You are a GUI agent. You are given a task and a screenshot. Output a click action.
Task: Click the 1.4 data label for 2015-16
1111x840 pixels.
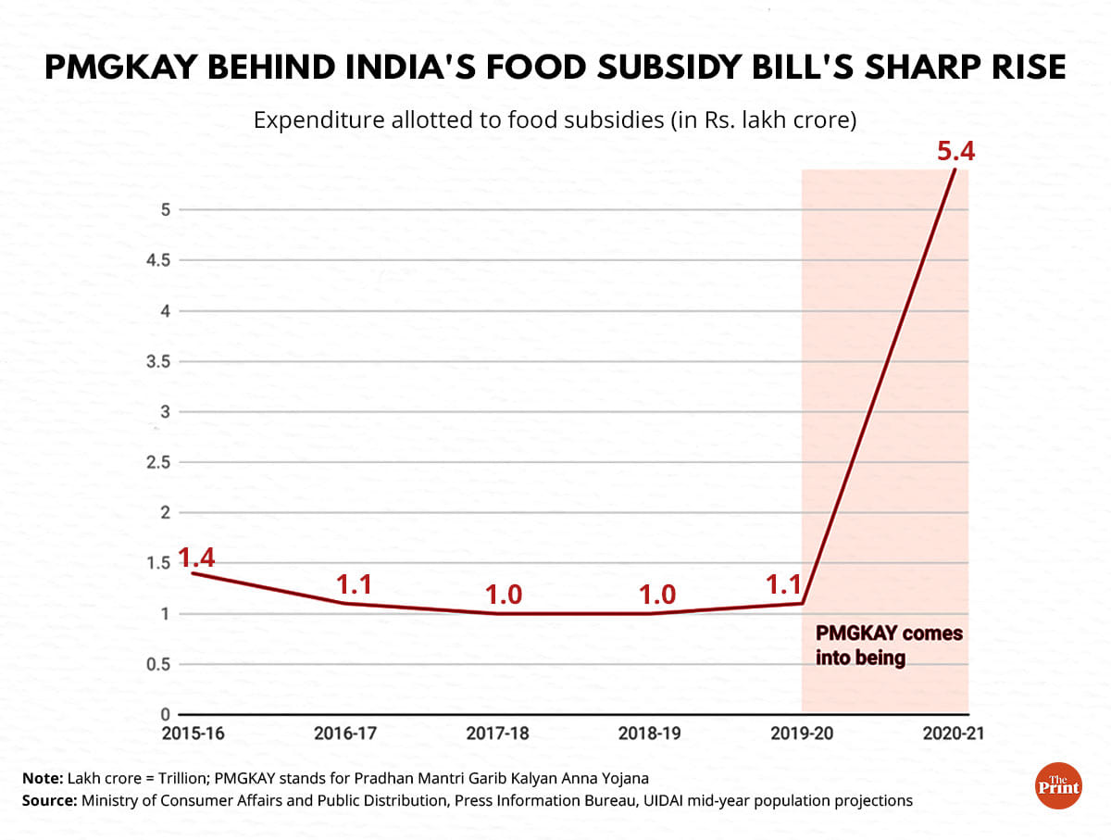195,558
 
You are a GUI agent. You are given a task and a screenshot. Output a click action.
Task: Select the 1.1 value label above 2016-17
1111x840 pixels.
354,584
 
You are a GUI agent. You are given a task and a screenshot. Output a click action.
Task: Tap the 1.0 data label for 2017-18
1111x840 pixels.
506,595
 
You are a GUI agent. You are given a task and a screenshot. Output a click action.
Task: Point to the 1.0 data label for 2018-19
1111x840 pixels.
657,595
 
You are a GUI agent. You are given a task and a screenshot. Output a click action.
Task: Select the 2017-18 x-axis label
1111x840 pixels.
498,734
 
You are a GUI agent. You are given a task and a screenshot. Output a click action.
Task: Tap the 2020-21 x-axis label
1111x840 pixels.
953,734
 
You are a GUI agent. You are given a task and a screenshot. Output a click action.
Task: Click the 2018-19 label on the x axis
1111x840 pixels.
650,734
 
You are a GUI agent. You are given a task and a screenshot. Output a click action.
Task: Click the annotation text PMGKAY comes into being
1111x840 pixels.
887,646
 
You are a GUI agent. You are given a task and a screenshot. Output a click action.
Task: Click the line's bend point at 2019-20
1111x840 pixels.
802,603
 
